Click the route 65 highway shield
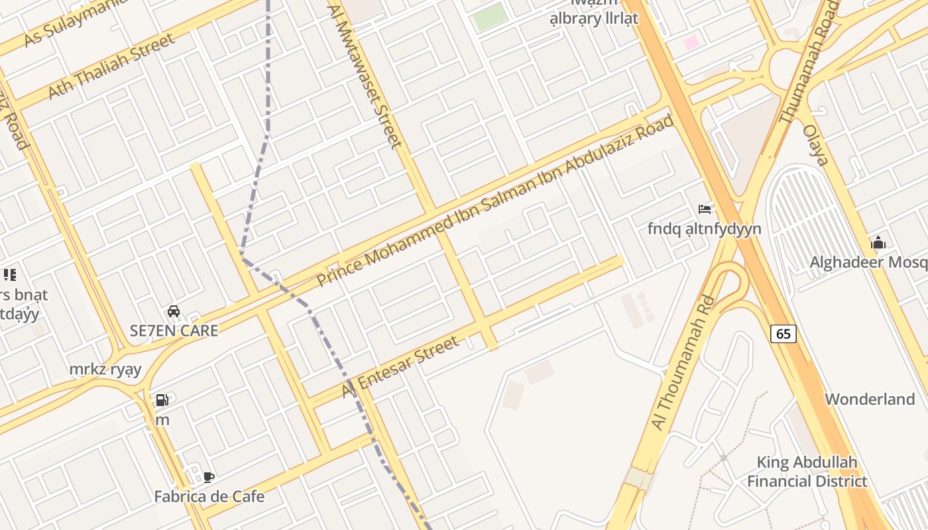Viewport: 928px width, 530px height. (x=783, y=334)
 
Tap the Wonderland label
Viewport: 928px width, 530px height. (x=870, y=399)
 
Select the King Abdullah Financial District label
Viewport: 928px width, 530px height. (x=807, y=472)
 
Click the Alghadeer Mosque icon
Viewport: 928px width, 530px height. (x=878, y=243)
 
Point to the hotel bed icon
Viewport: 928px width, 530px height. (x=705, y=209)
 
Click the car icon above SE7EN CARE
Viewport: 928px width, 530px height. (x=174, y=311)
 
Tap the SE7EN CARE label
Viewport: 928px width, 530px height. (x=174, y=331)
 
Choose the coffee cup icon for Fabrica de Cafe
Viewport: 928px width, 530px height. (x=209, y=477)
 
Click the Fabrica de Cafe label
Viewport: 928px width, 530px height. (x=209, y=496)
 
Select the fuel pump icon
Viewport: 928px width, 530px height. (x=162, y=400)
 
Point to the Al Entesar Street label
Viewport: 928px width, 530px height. (x=400, y=366)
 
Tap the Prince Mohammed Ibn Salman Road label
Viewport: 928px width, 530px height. (x=495, y=201)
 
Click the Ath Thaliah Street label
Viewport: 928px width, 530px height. (x=112, y=66)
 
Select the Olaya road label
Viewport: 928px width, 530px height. (x=815, y=144)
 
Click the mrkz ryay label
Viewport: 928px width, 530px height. (x=105, y=369)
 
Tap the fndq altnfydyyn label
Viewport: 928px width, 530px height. (x=704, y=229)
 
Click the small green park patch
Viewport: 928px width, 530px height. (x=490, y=16)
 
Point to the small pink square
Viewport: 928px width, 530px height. (x=691, y=43)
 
